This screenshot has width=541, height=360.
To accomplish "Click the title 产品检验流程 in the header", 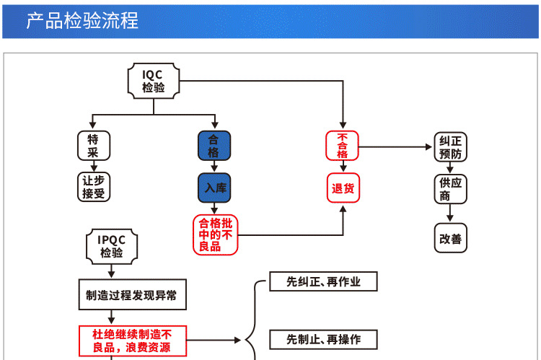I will [x=82, y=20].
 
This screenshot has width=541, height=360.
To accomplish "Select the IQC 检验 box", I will [x=154, y=80].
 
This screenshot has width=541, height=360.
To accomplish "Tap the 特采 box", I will [x=93, y=146].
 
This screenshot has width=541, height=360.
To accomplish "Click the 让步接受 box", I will [x=93, y=187].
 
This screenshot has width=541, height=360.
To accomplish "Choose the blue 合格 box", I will [x=214, y=146].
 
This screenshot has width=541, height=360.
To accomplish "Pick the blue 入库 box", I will [x=214, y=188].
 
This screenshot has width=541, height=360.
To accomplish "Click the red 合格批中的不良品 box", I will [x=216, y=235].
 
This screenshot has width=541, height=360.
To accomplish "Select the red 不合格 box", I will [x=343, y=146].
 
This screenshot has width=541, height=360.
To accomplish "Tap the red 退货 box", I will [x=343, y=188].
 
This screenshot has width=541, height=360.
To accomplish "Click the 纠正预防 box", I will [x=450, y=148].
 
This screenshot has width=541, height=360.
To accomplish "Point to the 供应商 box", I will [x=450, y=190].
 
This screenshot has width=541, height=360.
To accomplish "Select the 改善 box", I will [x=450, y=238].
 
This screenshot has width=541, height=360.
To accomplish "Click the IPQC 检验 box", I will [x=111, y=246].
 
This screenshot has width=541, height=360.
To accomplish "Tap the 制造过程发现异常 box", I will [x=131, y=295].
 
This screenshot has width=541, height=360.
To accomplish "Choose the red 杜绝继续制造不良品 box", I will [x=132, y=341].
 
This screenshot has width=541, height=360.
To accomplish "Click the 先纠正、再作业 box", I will [x=323, y=281].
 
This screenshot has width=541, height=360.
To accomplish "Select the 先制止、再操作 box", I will [x=323, y=338].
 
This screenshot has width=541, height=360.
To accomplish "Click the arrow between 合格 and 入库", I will [x=214, y=167].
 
